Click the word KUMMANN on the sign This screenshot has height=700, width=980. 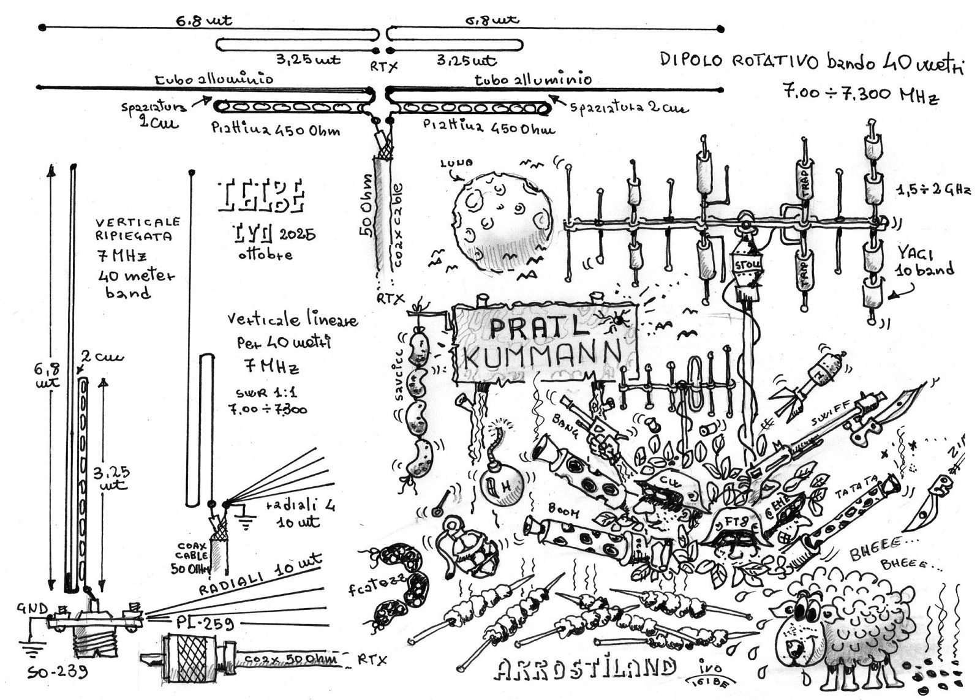pyautogui.click(x=541, y=355)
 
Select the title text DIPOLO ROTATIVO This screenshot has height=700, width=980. pyautogui.click(x=739, y=60)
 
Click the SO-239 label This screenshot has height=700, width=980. pyautogui.click(x=58, y=672)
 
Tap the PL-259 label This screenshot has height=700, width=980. pyautogui.click(x=205, y=623)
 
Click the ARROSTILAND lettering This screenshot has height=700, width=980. pyautogui.click(x=585, y=669)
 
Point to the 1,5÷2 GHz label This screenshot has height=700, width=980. pyautogui.click(x=933, y=190)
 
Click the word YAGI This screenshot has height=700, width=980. pyautogui.click(x=916, y=252)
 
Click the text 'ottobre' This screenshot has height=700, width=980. pyautogui.click(x=265, y=254)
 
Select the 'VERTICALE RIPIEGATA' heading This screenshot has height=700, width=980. pyautogui.click(x=137, y=228)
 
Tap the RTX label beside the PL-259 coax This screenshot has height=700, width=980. pyautogui.click(x=372, y=660)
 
